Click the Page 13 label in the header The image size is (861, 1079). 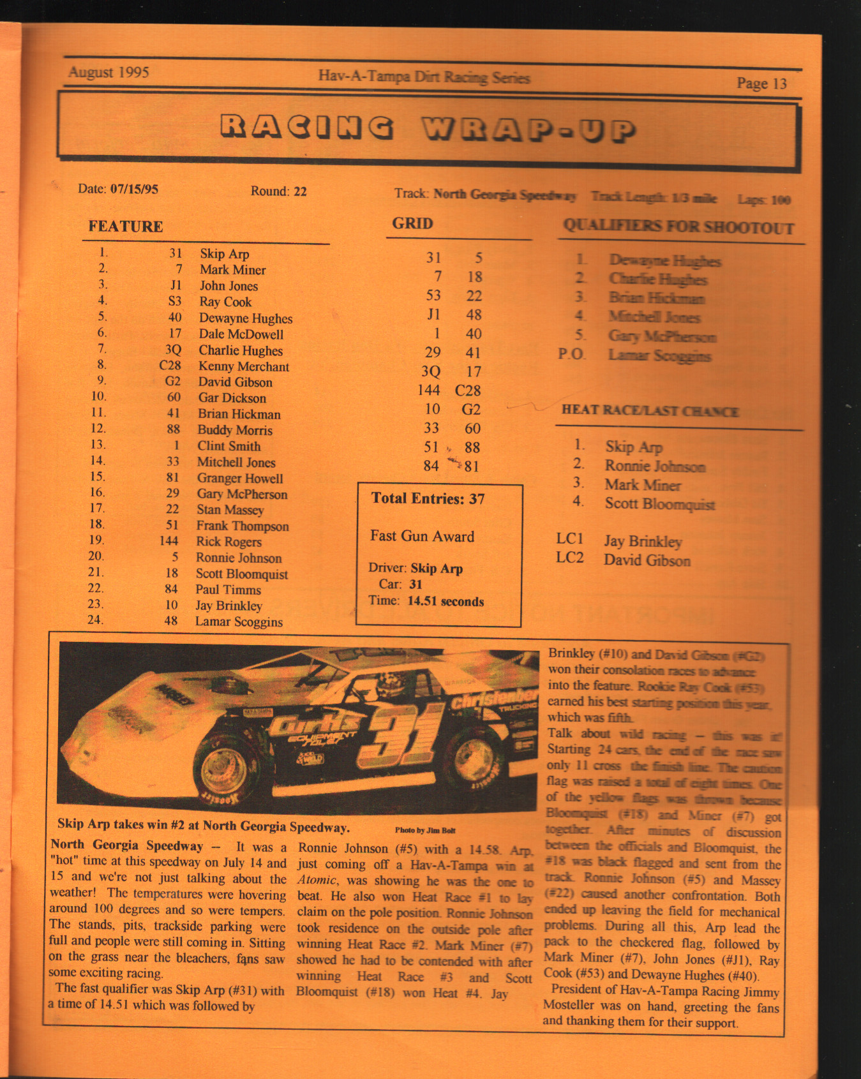pos(761,84)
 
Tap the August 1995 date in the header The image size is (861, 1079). pos(109,72)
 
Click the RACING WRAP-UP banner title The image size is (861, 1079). pos(428,128)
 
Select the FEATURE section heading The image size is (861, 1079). pos(126,227)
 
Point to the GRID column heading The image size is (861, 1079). pos(412,223)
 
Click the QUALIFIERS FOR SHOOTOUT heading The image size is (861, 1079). pos(678,227)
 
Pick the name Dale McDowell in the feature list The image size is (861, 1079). pos(241,334)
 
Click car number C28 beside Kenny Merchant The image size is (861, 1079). pos(170,366)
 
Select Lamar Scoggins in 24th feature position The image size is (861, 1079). pos(239,621)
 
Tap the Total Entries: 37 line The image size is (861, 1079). pos(428,499)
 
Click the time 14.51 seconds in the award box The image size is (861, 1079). pos(445,601)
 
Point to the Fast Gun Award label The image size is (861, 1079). pos(422,536)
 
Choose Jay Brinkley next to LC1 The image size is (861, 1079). pos(643,542)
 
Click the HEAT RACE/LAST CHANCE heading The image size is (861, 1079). pos(650,411)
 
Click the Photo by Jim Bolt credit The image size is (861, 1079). pos(424,830)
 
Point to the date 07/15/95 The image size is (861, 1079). pos(134,189)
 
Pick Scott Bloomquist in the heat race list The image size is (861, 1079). pos(659,504)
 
